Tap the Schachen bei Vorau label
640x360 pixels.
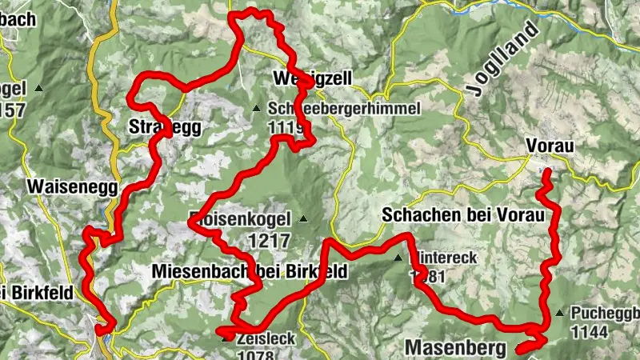pyautogui.click(x=462, y=214)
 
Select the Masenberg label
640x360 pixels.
pyautogui.click(x=456, y=348)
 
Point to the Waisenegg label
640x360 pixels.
pyautogui.click(x=72, y=186)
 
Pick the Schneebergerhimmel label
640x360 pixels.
pyautogui.click(x=344, y=108)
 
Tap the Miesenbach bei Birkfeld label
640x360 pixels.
pyautogui.click(x=250, y=272)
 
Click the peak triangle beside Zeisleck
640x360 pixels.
pyautogui.click(x=226, y=338)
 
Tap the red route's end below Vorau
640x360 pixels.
pyautogui.click(x=547, y=172)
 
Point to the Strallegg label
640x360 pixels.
pyautogui.click(x=164, y=126)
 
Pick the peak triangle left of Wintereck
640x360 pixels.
pyautogui.click(x=398, y=258)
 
